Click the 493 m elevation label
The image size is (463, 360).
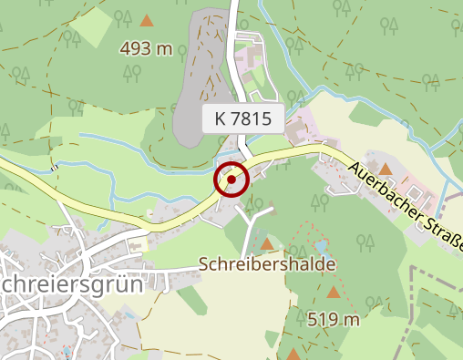[147, 48]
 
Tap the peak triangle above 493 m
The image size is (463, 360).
[147, 19]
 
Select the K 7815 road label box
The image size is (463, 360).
[243, 118]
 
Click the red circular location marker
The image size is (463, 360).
[231, 180]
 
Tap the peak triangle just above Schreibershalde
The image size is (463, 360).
[266, 244]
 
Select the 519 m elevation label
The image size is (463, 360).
[334, 319]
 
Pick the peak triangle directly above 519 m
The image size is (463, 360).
[334, 293]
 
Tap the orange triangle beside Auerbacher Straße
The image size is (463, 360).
[386, 169]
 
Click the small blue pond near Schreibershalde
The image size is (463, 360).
[320, 245]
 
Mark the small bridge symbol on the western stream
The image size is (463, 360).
[57, 168]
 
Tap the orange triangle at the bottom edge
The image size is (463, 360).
[293, 355]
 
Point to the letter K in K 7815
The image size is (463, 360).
[221, 118]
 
